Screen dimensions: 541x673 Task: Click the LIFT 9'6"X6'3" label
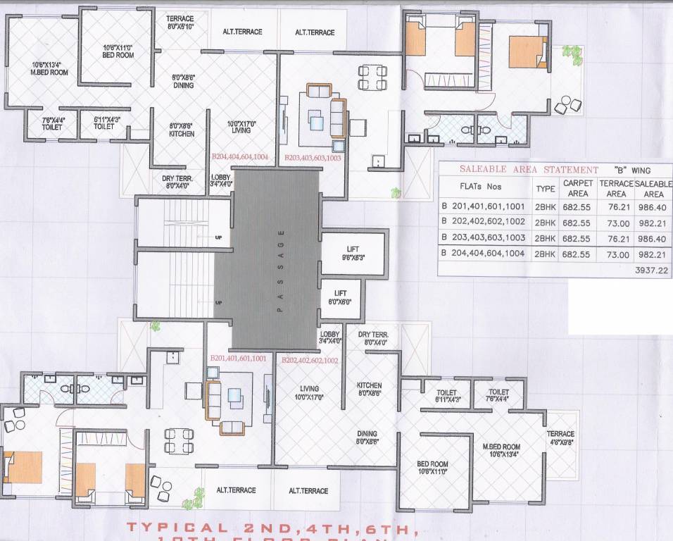353,254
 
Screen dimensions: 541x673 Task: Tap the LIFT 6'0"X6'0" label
340,297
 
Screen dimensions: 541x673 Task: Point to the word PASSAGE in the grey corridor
280,271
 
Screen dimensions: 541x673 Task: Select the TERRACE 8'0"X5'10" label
181,23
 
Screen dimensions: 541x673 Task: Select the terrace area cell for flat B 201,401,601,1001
616,206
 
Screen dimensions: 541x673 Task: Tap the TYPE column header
545,189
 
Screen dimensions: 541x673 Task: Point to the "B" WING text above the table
631,170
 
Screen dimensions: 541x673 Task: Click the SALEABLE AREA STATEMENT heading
529,170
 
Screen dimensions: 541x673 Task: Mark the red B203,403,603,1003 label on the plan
313,158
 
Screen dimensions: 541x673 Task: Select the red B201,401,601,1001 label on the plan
239,359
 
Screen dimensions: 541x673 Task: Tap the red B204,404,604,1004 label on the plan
240,158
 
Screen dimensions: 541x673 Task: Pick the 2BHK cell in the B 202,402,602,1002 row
545,222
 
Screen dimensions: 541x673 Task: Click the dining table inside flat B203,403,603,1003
370,77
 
